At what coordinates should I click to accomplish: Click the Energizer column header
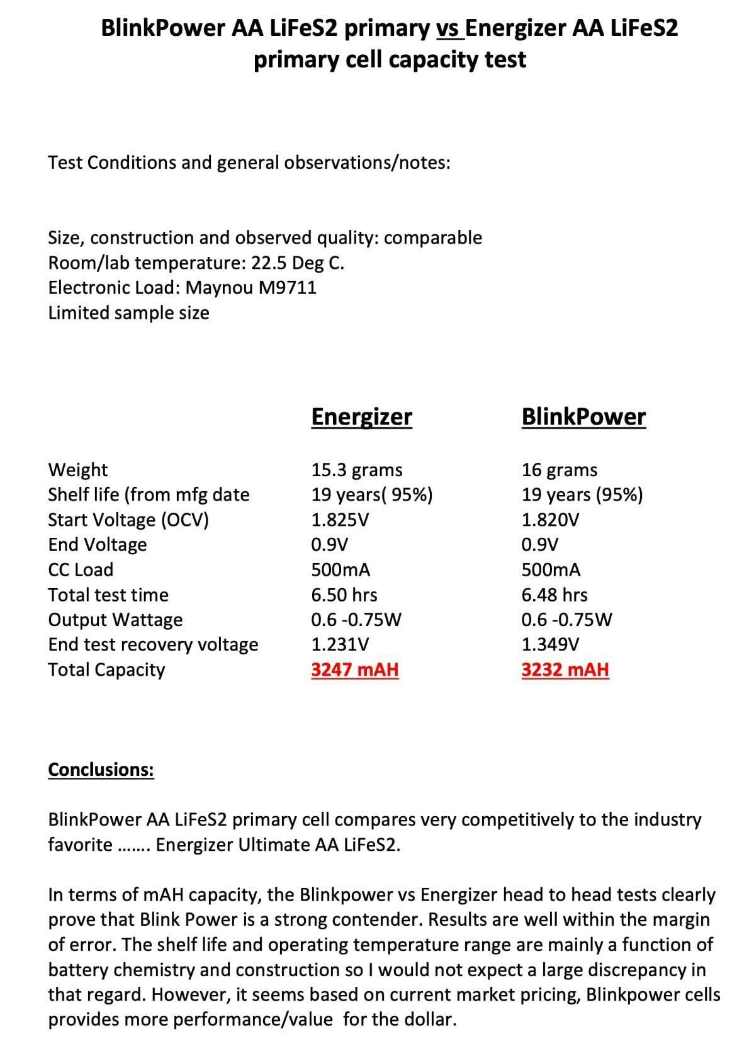(x=361, y=416)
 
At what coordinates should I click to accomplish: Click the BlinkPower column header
(x=583, y=416)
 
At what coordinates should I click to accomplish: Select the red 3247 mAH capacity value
(x=355, y=669)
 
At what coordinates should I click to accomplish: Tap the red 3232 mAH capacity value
(x=565, y=669)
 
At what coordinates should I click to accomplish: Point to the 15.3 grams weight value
(x=357, y=470)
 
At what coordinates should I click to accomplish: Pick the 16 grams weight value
(x=560, y=470)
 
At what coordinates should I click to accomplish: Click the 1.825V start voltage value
(x=341, y=520)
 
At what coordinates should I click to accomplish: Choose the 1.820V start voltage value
(x=551, y=520)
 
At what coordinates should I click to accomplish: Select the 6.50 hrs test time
(x=344, y=594)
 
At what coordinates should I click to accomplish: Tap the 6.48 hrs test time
(x=555, y=594)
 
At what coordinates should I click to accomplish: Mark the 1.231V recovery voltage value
(x=341, y=644)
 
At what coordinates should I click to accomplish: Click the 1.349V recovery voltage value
(x=551, y=644)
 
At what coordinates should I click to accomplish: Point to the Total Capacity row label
(x=106, y=669)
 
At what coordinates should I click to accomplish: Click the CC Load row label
(x=81, y=569)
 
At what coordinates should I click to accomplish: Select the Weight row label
(x=77, y=470)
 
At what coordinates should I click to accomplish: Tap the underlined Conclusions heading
(x=101, y=770)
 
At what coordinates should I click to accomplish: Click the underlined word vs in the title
(x=449, y=28)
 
